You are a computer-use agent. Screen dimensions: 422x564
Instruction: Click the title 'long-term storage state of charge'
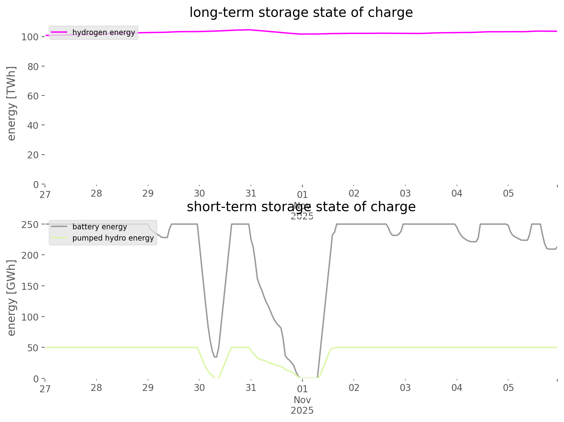coord(301,13)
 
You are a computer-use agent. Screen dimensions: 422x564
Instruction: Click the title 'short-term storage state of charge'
coord(301,207)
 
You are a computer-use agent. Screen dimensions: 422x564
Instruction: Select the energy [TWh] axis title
coord(12,103)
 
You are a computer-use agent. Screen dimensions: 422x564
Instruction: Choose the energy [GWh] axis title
coord(12,298)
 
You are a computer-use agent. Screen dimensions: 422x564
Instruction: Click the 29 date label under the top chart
coord(148,193)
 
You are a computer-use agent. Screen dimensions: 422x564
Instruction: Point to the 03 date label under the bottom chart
coord(405,388)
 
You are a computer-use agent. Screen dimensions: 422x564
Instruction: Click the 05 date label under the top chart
coord(508,193)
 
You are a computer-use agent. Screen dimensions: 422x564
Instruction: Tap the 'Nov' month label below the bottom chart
coord(302,400)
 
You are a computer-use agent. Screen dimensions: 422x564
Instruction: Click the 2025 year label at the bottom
coord(302,410)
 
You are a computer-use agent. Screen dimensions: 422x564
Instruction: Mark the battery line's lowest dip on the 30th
coord(215,357)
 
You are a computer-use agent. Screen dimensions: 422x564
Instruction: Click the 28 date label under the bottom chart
coord(96,388)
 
